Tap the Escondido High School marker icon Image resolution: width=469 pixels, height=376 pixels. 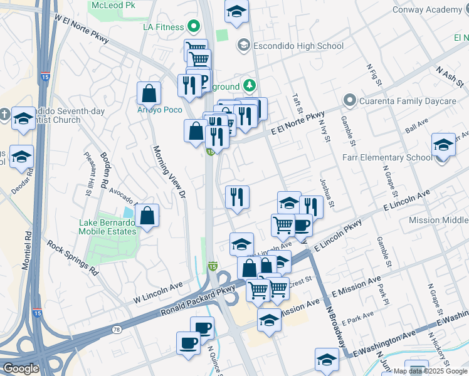point(243,46)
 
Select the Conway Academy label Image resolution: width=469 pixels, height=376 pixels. point(427,9)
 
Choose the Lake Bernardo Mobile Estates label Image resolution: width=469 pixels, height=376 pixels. point(108,227)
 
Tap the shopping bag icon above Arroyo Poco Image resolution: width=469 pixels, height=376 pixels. point(149,94)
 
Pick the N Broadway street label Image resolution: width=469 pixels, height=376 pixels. point(335,326)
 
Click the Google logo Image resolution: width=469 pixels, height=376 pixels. point(21,368)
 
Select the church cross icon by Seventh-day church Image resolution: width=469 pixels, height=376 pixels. point(5,114)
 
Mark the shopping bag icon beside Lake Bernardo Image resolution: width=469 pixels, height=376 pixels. point(146,216)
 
